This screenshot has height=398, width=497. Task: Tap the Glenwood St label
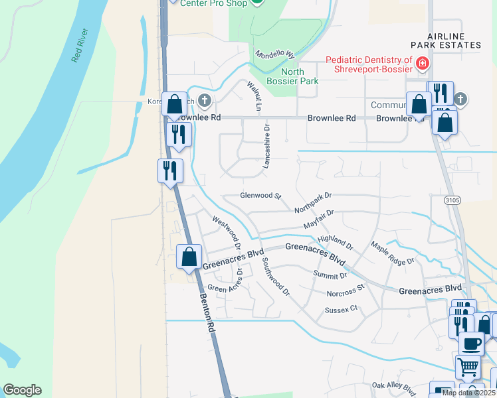pos(261,196)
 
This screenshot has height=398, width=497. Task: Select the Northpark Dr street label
pos(312,202)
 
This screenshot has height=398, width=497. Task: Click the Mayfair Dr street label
pos(318,220)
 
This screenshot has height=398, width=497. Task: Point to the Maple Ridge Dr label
pos(392,253)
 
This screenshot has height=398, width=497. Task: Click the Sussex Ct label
pos(341,309)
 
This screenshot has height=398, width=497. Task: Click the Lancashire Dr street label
pos(266,145)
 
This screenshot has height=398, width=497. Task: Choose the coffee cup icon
pos(472,344)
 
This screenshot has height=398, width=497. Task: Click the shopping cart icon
pos(468,365)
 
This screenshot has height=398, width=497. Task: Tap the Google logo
pos(22,390)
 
